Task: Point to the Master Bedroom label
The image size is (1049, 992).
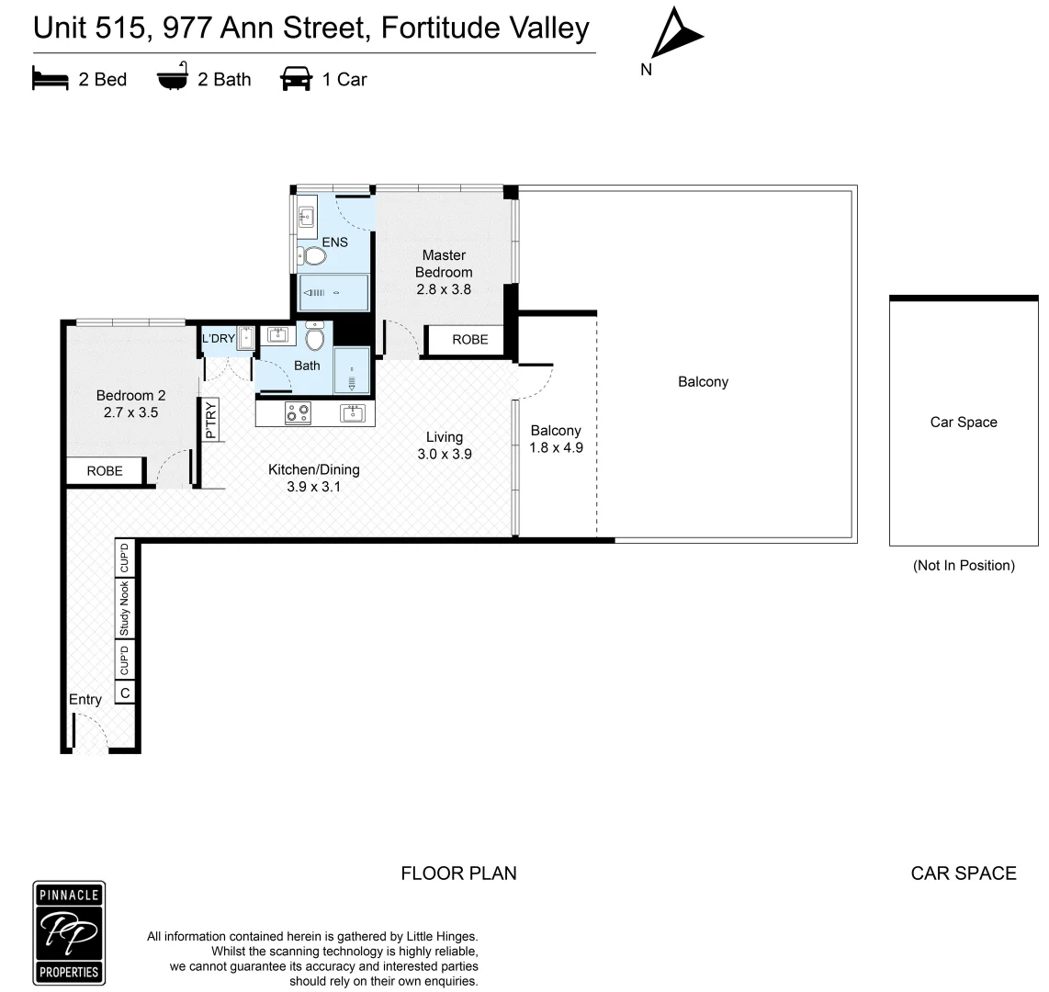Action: pyautogui.click(x=444, y=264)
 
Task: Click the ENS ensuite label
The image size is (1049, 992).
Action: pyautogui.click(x=334, y=242)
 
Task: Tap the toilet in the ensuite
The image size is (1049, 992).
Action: pyautogui.click(x=314, y=254)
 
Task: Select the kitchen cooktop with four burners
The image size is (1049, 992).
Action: pyautogui.click(x=298, y=413)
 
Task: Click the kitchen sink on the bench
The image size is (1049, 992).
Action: pyautogui.click(x=353, y=413)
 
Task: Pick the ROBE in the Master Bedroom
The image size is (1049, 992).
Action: pyautogui.click(x=469, y=340)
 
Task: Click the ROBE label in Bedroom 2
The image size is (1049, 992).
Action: pyautogui.click(x=105, y=471)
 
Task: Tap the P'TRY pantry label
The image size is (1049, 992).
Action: pyautogui.click(x=210, y=421)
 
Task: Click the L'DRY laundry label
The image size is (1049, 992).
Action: pyautogui.click(x=218, y=339)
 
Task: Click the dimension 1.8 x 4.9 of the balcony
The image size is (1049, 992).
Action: pyautogui.click(x=556, y=448)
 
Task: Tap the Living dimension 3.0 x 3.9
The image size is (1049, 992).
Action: pyautogui.click(x=445, y=454)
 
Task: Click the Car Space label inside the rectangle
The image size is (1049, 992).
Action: pyautogui.click(x=963, y=423)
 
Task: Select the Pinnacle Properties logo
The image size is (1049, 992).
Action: pyautogui.click(x=70, y=933)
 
